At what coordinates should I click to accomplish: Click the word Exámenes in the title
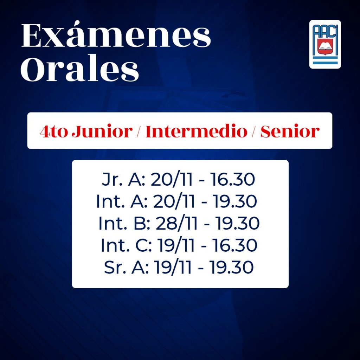[x=116, y=34]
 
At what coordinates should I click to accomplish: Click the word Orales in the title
[x=80, y=69]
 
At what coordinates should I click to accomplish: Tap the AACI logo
[x=325, y=44]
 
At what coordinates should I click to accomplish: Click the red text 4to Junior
[x=86, y=132]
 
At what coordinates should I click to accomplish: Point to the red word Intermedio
[x=196, y=131]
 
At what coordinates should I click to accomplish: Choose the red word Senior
[x=290, y=131]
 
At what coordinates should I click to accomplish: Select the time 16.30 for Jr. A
[x=232, y=179]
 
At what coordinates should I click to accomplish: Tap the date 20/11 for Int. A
[x=174, y=201]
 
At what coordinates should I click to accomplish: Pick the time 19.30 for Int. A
[x=234, y=201]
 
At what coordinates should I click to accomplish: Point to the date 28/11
[x=176, y=223]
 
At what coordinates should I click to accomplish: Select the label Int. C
[x=126, y=245]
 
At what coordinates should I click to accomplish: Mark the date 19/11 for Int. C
[x=176, y=245]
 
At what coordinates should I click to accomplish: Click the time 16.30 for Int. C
[x=234, y=245]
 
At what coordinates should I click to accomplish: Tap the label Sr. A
[x=126, y=267]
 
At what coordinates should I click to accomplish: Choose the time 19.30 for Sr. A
[x=231, y=267]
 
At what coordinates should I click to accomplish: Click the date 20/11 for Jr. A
[x=172, y=179]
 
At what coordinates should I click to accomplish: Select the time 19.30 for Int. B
[x=237, y=223]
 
